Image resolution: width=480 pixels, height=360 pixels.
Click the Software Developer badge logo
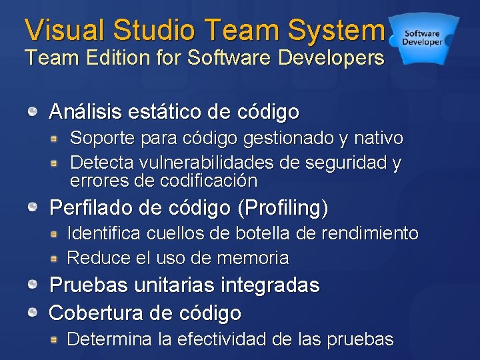(x=422, y=37)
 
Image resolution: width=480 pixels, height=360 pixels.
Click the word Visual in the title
(x=65, y=30)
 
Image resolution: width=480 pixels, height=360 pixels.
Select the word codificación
(x=209, y=180)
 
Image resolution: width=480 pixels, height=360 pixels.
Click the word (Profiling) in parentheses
(x=283, y=208)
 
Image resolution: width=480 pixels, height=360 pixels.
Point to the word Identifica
(x=99, y=233)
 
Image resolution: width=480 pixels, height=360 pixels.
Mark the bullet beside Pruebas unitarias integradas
(x=33, y=285)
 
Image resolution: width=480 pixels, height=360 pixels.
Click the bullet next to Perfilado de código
(x=33, y=207)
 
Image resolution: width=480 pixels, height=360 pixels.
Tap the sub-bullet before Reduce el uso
(x=59, y=257)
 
